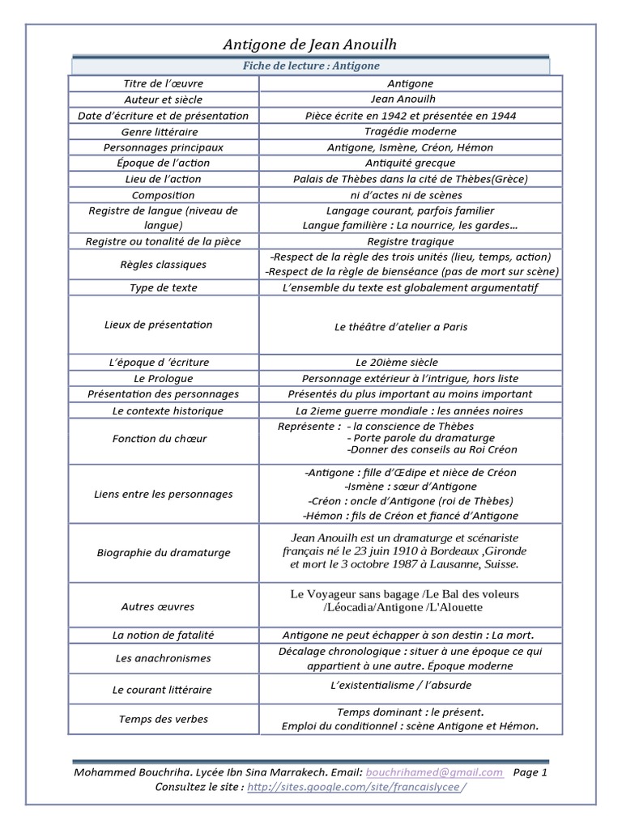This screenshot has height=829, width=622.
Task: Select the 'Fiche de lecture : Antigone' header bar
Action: pyautogui.click(x=312, y=66)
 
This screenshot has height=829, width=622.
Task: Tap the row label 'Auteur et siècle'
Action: pyautogui.click(x=164, y=100)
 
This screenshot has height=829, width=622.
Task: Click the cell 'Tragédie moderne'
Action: pyautogui.click(x=411, y=131)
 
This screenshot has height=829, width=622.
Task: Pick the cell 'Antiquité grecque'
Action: pyautogui.click(x=411, y=163)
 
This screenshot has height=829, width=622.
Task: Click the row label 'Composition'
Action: pyautogui.click(x=164, y=195)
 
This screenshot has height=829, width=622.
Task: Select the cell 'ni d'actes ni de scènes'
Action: pyautogui.click(x=411, y=195)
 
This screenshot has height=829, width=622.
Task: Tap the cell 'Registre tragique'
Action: pyautogui.click(x=411, y=241)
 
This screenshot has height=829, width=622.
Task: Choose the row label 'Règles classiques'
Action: pyautogui.click(x=164, y=264)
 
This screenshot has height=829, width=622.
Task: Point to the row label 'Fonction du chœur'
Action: pyautogui.click(x=164, y=438)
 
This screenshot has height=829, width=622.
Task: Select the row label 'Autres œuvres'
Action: pyautogui.click(x=164, y=606)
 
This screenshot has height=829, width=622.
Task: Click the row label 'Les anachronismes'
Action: pyautogui.click(x=164, y=658)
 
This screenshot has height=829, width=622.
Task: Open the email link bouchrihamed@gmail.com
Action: pyautogui.click(x=434, y=772)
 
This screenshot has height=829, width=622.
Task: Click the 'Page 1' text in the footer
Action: pyautogui.click(x=530, y=772)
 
